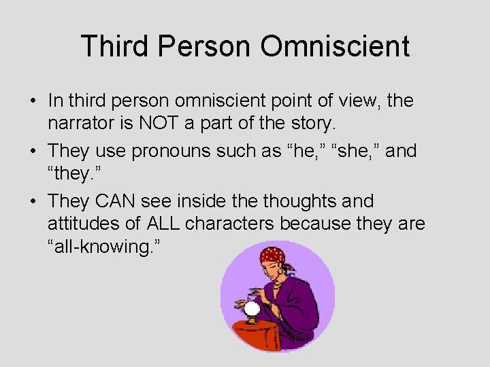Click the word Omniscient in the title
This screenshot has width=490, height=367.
coord(335,46)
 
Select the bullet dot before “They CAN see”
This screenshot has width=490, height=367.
coord(33,202)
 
